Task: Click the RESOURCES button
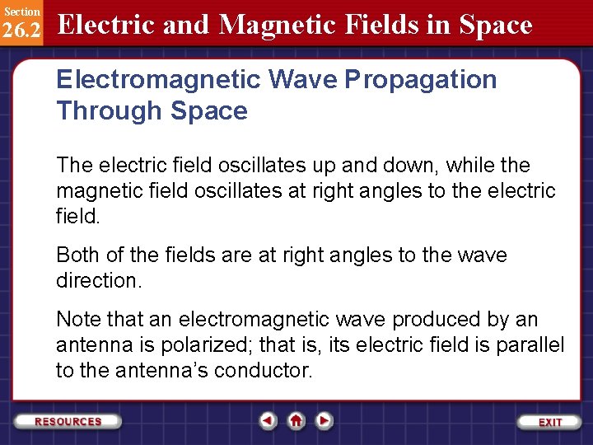click(x=68, y=421)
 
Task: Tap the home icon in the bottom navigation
click(x=296, y=421)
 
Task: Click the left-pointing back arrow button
click(x=268, y=421)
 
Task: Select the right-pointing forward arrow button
click(x=325, y=421)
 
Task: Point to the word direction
click(x=98, y=280)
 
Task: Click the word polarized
click(x=186, y=345)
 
